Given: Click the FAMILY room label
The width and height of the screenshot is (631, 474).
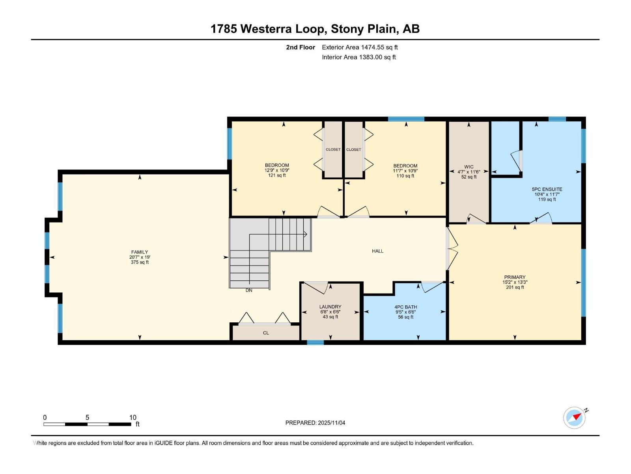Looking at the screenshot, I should coord(140,252).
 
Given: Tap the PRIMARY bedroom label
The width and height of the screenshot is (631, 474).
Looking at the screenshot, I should coord(515,277).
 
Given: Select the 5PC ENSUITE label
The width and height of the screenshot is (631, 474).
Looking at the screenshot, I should coord(547,189).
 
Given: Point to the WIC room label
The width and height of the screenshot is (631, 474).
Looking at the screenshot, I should coord(469,167).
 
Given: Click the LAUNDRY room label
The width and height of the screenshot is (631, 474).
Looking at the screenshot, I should coord(330,307).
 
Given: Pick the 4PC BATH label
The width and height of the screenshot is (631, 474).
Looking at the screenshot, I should coord(405,307).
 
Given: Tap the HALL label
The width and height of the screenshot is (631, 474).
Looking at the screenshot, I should coord(377,251).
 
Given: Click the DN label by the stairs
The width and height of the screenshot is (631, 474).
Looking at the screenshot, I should coord(249,290).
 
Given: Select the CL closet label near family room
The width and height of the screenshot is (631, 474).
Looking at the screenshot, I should coord(266,333).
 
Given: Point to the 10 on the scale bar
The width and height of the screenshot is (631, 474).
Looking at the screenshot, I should coord(133,418).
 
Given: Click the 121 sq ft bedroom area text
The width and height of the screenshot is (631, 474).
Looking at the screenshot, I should coord(277,175).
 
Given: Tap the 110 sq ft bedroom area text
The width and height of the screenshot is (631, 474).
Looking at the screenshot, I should coord(405,176).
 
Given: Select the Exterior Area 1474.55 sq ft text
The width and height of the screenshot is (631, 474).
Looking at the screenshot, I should coord(360,47).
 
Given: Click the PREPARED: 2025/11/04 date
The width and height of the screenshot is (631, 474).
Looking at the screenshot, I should coord(315,423).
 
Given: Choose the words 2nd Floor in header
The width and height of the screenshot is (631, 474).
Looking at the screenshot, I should coord(301,47).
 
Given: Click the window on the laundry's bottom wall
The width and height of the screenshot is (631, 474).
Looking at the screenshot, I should coord(315,342).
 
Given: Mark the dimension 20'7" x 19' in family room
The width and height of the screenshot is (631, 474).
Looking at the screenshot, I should coord(140,257).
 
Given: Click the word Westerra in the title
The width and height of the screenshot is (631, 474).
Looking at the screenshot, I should coord(283,29).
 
